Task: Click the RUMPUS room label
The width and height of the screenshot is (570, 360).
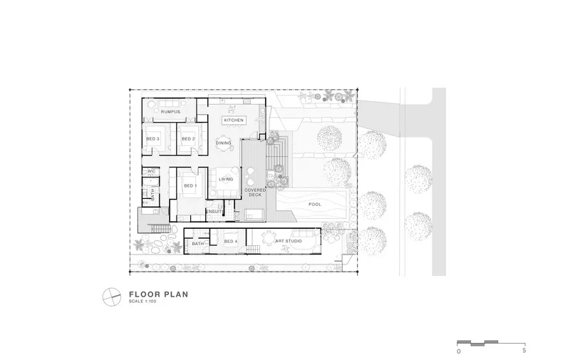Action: pos(170,112)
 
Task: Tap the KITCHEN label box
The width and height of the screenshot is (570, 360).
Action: pos(234,120)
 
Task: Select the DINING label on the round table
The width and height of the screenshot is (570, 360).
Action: pos(224,143)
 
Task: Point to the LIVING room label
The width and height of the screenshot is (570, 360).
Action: pos(226,179)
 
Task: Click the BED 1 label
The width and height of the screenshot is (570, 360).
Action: pos(190,186)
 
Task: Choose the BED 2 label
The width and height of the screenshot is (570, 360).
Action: pos(188,139)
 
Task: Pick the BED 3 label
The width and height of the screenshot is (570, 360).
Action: pos(152,139)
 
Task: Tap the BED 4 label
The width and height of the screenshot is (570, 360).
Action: pos(231,242)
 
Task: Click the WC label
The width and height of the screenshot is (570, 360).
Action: pos(152,171)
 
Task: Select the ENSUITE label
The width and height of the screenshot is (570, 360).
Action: pos(214,212)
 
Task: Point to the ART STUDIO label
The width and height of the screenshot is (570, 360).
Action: pos(289,241)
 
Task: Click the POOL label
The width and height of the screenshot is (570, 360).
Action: pos(315,205)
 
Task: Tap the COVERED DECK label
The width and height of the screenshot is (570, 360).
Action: pos(255,192)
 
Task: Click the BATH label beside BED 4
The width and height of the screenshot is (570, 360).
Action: pos(198,244)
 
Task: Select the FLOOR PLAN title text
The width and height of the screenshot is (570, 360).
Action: pos(159,294)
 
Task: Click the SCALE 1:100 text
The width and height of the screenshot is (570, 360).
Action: pos(142,302)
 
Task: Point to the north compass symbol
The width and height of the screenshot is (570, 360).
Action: pos(112,297)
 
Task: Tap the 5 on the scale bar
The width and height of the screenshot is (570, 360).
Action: pos(524,351)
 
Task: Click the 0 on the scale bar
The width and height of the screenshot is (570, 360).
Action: pos(459,351)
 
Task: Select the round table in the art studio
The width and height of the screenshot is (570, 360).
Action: pos(269,240)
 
